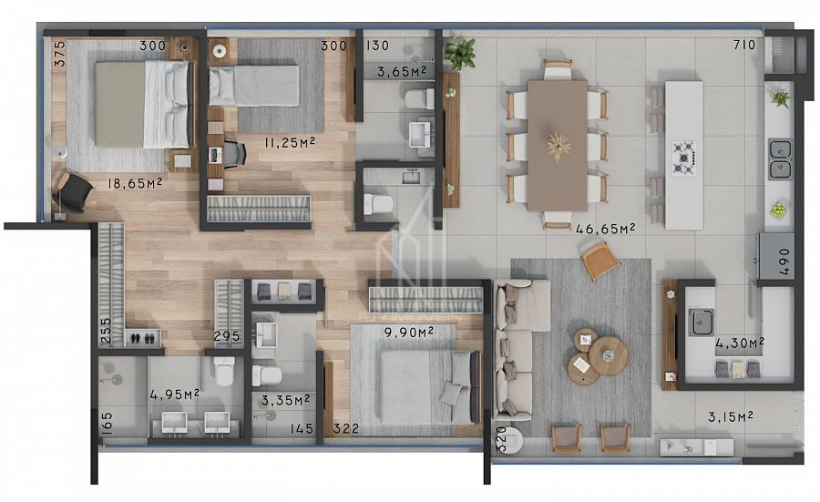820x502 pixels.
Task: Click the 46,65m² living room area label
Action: [605, 229]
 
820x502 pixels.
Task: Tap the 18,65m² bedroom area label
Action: [135, 183]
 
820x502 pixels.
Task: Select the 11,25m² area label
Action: [289, 142]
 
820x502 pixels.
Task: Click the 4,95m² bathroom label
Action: [174, 394]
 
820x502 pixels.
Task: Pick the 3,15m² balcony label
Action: [731, 416]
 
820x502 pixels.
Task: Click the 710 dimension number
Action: [744, 45]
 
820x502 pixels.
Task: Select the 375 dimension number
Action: [60, 54]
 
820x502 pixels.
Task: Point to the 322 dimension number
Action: [346, 429]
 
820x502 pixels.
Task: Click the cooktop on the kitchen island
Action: [683, 158]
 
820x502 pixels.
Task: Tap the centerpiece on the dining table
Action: [559, 146]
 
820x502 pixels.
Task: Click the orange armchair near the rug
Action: [601, 261]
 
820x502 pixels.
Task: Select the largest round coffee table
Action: [608, 355]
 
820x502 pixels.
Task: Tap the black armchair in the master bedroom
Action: [75, 192]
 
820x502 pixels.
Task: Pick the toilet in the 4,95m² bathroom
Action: [224, 371]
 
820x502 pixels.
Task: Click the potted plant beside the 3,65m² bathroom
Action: [460, 52]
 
